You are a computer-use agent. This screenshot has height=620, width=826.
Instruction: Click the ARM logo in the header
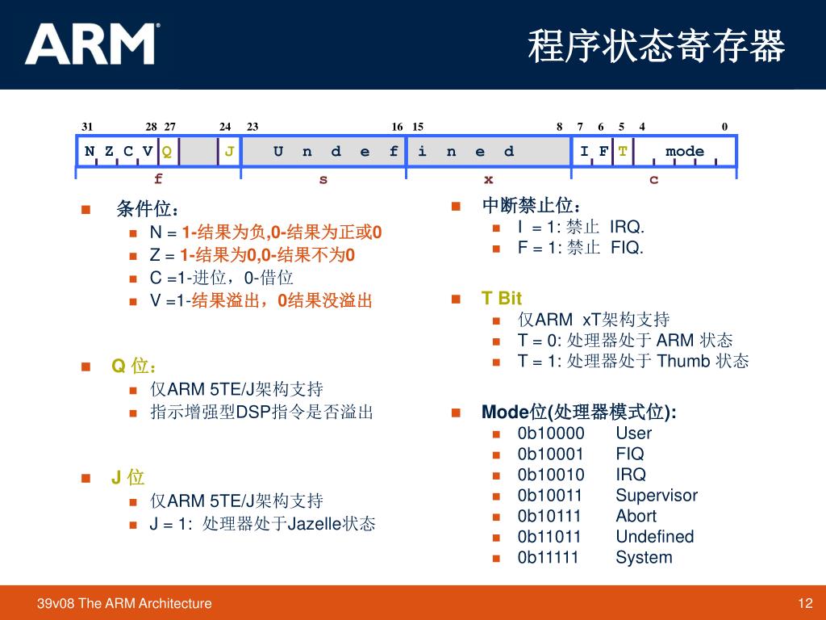coord(91,44)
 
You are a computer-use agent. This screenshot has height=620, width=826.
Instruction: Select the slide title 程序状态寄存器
coord(656,46)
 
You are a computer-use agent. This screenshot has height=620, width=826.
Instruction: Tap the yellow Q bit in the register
coord(167,151)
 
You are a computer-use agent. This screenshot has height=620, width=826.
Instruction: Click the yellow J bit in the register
coord(230,151)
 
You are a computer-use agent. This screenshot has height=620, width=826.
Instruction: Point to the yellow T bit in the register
coord(623,151)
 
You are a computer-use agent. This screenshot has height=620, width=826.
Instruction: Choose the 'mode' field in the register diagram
coord(685,151)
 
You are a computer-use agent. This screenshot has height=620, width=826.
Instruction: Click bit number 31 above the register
coord(87,126)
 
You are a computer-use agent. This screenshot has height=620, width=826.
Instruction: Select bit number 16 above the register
coord(397,126)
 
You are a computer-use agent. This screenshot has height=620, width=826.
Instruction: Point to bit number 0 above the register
coord(724,126)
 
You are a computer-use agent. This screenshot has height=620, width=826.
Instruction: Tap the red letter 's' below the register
coord(323,179)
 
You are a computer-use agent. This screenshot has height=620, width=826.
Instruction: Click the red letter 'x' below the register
coord(488,179)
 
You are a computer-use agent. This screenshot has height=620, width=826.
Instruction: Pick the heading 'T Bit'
coord(502,299)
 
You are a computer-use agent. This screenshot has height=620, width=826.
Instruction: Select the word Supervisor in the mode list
coord(656,496)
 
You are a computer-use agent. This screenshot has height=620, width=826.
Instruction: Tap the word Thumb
coord(684,361)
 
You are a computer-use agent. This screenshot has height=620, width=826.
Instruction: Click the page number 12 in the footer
coord(804,603)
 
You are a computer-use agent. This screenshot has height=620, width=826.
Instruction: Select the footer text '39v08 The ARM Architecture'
coord(125,603)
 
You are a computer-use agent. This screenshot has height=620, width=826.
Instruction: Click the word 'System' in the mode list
coord(643,558)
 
